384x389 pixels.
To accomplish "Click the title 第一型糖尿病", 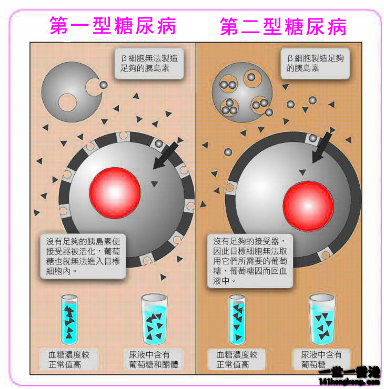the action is pos(113,26).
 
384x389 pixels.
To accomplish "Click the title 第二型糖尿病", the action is pos(283,26).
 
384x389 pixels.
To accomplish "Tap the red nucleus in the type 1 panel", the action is pos(115,193).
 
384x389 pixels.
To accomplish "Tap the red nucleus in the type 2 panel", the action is pos(308,206).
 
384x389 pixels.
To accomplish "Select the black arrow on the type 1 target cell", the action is pos(165,156).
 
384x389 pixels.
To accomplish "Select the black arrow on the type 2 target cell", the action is pos(322,148).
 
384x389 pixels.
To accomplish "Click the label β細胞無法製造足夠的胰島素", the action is pos(149,64).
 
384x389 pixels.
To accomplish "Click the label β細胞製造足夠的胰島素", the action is pos(315,64).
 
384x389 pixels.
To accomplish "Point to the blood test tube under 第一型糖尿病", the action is pos(69,319).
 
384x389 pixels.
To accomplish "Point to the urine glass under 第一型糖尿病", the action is pos(154,319).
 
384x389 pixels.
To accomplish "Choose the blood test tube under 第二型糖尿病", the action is pos(237,319).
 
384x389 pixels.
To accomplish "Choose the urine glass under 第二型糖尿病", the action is pos(322,319).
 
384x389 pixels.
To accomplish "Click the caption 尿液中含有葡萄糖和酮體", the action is pos(154,360).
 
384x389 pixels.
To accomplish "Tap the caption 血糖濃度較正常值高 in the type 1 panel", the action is pos(68,360).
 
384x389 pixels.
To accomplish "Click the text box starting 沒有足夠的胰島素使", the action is pos(83,257).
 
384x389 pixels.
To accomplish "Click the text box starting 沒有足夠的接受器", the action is pos(250,261).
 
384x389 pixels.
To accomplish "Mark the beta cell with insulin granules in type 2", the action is pos(242,93).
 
